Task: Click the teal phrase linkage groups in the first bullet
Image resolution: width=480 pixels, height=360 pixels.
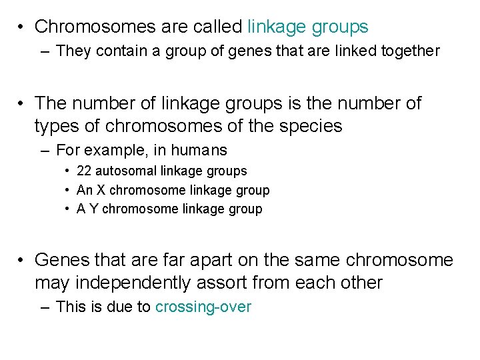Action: [x=307, y=27]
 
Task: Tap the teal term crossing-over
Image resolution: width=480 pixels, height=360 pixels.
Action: [x=203, y=307]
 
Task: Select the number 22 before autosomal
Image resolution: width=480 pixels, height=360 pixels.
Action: [x=85, y=171]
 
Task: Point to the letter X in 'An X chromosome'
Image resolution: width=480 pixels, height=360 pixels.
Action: [x=101, y=191]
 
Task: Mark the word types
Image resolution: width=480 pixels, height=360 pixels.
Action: [x=58, y=125]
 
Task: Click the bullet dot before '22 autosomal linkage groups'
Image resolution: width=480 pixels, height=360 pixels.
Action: [x=68, y=171]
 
